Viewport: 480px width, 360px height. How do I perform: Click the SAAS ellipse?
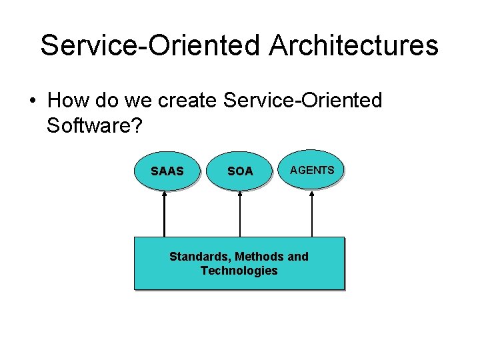(167, 171)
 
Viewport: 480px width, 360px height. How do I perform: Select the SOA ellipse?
(240, 171)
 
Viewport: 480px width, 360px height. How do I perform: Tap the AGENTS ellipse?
(312, 170)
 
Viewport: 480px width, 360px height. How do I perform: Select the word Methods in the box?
(261, 257)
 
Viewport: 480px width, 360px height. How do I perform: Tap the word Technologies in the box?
(239, 271)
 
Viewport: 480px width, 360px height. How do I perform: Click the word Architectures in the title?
(354, 45)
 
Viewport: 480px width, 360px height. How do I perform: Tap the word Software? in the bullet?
(94, 125)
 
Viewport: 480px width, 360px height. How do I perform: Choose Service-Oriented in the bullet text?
(303, 101)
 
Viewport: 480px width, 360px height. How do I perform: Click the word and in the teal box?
(298, 257)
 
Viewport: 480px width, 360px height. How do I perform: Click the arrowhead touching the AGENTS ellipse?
(312, 194)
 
